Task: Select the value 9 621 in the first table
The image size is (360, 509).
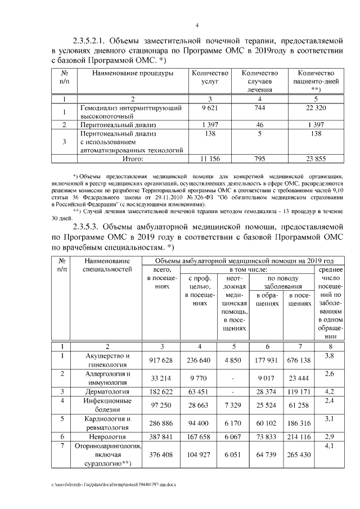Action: (x=209, y=107)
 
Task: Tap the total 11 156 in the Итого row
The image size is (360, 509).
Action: (x=209, y=159)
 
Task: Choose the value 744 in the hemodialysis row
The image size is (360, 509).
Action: (x=259, y=107)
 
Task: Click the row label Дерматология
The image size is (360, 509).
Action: (x=108, y=391)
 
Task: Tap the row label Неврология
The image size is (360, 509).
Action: (x=108, y=436)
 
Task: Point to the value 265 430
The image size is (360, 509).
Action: (x=298, y=454)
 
